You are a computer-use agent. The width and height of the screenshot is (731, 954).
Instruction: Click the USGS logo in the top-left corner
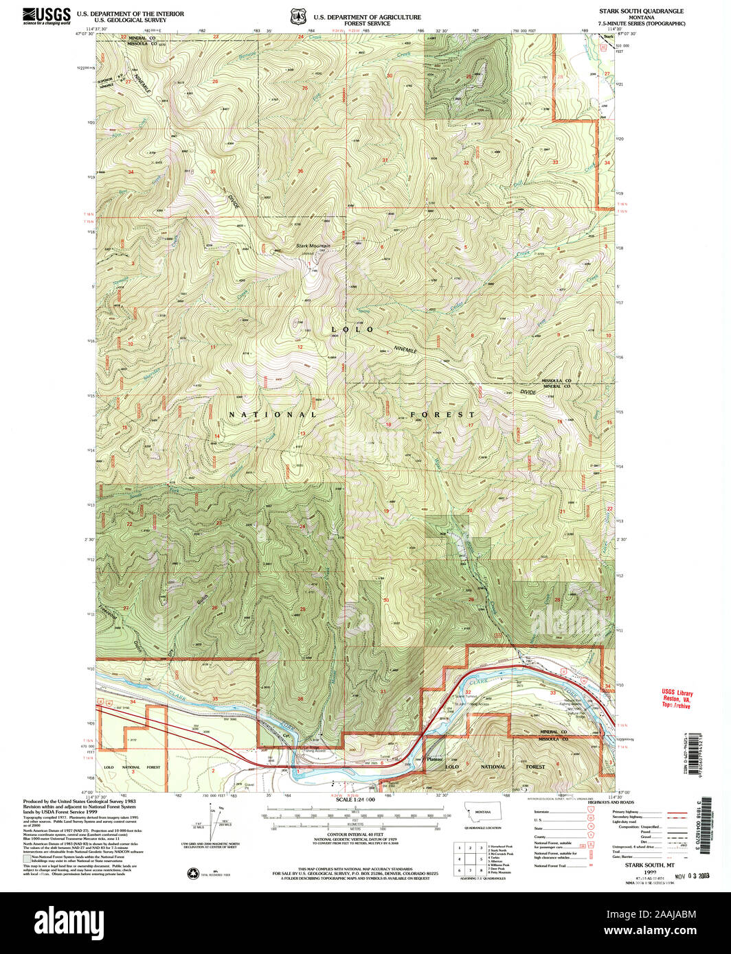(47, 16)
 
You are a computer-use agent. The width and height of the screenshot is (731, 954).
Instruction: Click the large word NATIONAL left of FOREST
(273, 415)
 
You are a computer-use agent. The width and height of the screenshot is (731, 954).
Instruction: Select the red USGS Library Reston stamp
(677, 698)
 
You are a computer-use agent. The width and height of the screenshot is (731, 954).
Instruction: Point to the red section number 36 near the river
(300, 699)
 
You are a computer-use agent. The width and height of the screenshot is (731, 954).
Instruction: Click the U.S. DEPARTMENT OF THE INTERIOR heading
(130, 14)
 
